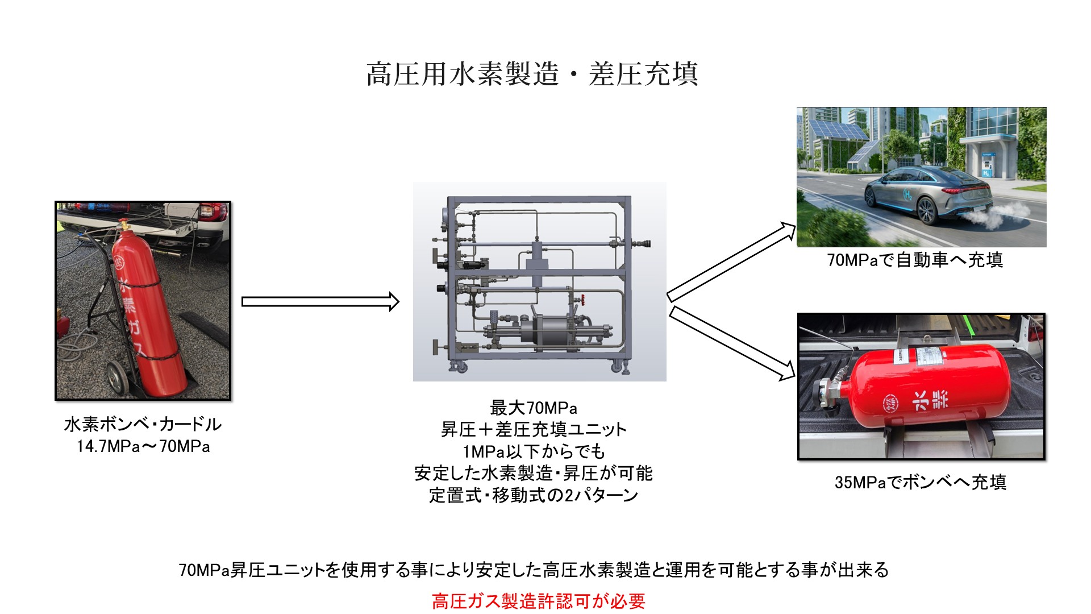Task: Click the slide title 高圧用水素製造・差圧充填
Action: (532, 74)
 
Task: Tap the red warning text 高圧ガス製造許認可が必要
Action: (539, 601)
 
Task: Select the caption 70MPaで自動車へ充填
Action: (915, 260)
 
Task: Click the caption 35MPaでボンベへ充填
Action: (920, 482)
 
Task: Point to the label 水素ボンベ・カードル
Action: (143, 424)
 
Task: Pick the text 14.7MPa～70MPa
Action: (143, 446)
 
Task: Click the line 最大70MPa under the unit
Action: (534, 408)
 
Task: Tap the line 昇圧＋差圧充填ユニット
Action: (534, 429)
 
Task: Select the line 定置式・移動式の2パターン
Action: (534, 495)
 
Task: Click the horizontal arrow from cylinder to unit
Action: (320, 301)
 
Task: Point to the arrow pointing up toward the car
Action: (731, 261)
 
